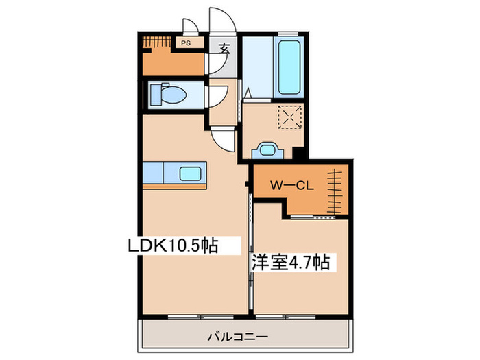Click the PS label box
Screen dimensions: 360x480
point(186,43)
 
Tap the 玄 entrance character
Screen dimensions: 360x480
point(224,49)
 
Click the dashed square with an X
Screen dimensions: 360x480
point(289,118)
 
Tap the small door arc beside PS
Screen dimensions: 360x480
point(191,26)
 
